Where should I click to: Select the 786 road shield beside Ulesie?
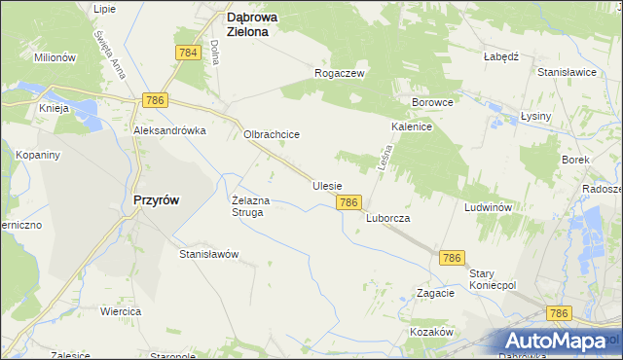350,202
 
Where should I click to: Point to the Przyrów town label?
155,198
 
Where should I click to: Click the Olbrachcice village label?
271,135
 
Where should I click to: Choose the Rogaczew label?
339,73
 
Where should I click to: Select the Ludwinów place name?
489,208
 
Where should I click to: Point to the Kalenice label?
412,127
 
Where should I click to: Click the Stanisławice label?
567,72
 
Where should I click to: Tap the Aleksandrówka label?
170,129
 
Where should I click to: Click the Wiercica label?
121,311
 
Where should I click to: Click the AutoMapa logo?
556,341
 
